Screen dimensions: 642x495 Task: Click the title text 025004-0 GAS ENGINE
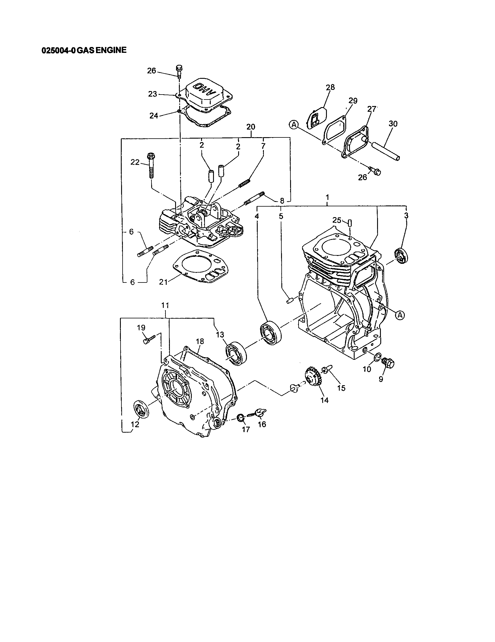(x=84, y=50)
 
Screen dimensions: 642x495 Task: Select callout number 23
(x=153, y=94)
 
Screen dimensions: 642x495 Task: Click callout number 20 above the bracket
(x=251, y=127)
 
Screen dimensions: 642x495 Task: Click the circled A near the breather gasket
(x=293, y=125)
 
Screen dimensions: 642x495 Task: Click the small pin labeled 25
(x=351, y=223)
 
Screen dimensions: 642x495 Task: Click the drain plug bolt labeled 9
(x=388, y=364)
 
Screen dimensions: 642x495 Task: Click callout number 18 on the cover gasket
(x=200, y=341)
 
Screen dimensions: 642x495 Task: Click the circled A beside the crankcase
(x=400, y=315)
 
